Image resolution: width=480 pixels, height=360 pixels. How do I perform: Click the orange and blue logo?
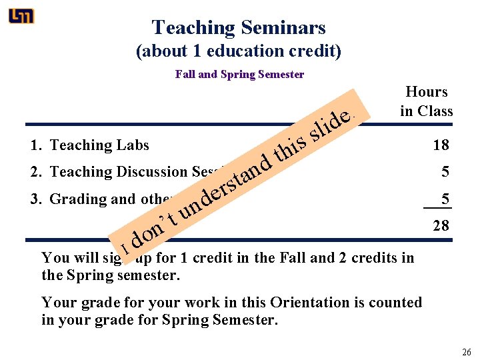coord(21,16)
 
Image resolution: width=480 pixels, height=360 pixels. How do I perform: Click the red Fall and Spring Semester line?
coord(239,74)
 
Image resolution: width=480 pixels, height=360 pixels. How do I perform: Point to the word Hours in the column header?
coord(426,92)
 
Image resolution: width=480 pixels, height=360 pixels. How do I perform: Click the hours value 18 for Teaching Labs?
coord(440,145)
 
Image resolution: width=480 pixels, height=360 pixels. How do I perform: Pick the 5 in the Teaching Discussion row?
coord(444,172)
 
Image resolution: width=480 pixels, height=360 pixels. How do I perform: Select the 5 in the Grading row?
coord(444,199)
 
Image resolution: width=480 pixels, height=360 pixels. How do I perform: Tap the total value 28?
coord(440,225)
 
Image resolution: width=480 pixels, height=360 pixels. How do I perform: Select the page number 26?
coord(466,351)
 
